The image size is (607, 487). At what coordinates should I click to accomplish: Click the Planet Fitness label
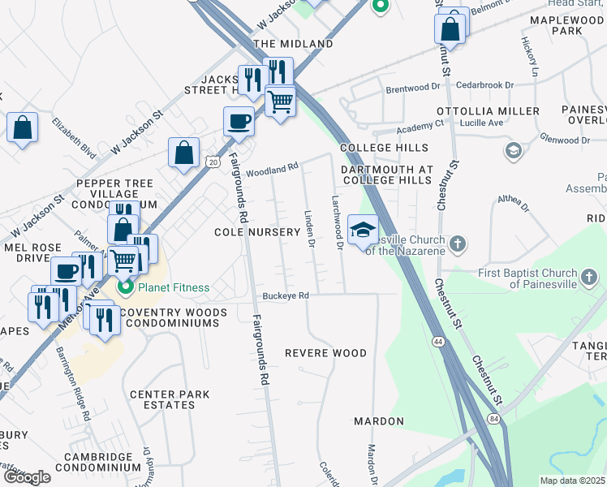tap(173, 287)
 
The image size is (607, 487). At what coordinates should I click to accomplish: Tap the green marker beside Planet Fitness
tap(126, 287)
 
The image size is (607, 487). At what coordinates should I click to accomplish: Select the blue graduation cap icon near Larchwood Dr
tap(363, 230)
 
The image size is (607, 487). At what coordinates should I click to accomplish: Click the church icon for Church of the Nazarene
tap(458, 243)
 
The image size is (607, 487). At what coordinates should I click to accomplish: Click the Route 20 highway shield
tap(212, 162)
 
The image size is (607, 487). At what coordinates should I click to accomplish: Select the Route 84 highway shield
tap(494, 418)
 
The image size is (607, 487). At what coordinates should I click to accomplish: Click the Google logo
tap(26, 477)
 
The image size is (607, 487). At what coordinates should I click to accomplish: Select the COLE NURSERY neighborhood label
tap(257, 232)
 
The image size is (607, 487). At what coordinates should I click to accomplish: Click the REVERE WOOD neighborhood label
tap(325, 353)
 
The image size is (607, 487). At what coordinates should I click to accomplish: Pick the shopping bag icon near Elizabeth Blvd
tap(22, 127)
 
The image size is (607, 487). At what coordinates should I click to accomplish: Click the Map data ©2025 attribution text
tap(573, 481)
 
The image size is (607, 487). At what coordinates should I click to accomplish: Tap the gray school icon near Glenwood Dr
tap(513, 151)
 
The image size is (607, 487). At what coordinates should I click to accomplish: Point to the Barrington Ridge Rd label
tap(73, 381)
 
